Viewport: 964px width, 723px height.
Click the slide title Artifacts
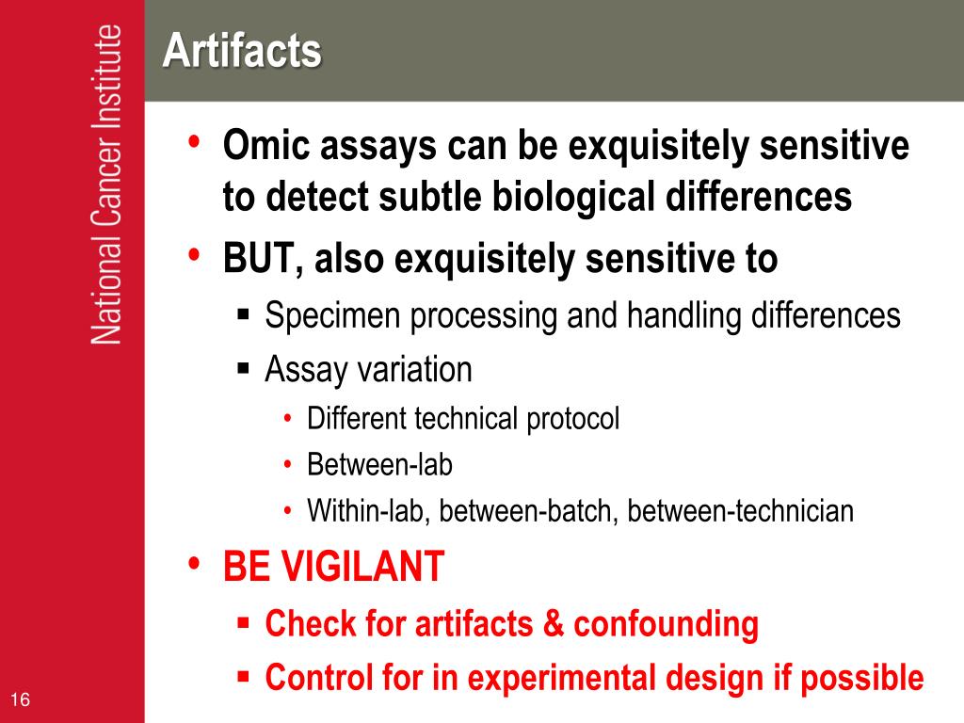[x=242, y=50]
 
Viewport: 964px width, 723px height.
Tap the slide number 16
[x=20, y=699]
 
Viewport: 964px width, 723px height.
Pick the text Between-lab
[x=380, y=465]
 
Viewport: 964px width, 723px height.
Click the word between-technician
[x=740, y=511]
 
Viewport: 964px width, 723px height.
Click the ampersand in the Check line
[x=554, y=623]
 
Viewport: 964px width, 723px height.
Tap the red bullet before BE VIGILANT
[x=194, y=563]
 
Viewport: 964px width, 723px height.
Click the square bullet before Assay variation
[x=244, y=369]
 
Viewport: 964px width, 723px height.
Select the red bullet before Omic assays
[x=194, y=141]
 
